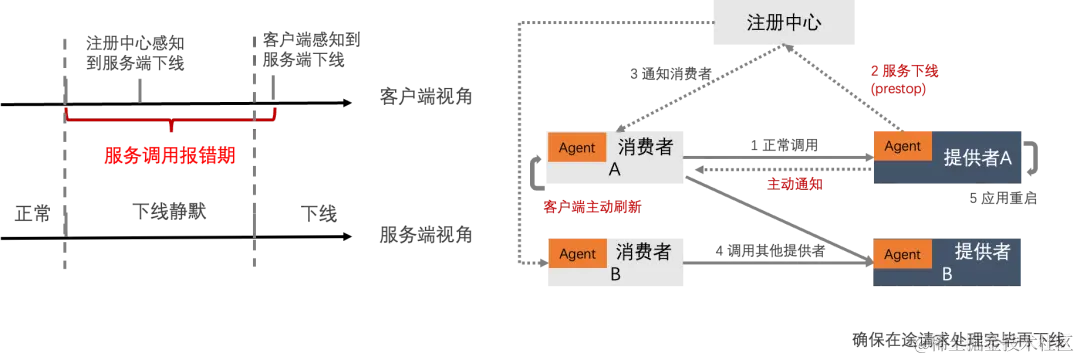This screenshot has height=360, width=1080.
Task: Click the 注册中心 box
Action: pyautogui.click(x=783, y=22)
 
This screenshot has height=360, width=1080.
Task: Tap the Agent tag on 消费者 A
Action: pyautogui.click(x=577, y=147)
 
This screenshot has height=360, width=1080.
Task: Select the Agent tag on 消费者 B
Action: pyautogui.click(x=577, y=254)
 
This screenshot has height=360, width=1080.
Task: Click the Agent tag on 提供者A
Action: pyautogui.click(x=902, y=146)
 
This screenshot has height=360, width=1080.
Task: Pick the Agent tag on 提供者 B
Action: pyautogui.click(x=902, y=254)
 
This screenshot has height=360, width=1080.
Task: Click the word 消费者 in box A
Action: pyautogui.click(x=645, y=147)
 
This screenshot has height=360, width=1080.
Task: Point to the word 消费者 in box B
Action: pyautogui.click(x=645, y=252)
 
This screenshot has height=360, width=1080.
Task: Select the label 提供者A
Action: pyautogui.click(x=978, y=157)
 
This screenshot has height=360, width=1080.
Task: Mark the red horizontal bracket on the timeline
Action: pyautogui.click(x=170, y=121)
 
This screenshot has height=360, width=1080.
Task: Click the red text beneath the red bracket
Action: pyautogui.click(x=170, y=156)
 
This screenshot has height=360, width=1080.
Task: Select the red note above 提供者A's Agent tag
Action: pyautogui.click(x=899, y=80)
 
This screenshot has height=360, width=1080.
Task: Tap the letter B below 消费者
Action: pyautogui.click(x=615, y=274)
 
